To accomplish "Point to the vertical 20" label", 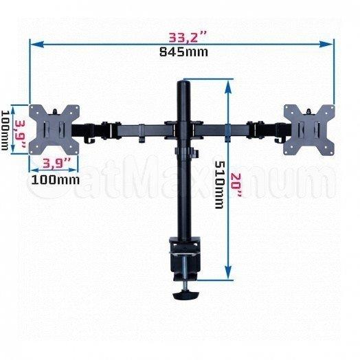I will (236, 184).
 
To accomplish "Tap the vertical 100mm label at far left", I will (6, 128).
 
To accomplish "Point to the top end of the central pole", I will (184, 83).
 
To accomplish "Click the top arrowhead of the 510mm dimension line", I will (227, 82).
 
